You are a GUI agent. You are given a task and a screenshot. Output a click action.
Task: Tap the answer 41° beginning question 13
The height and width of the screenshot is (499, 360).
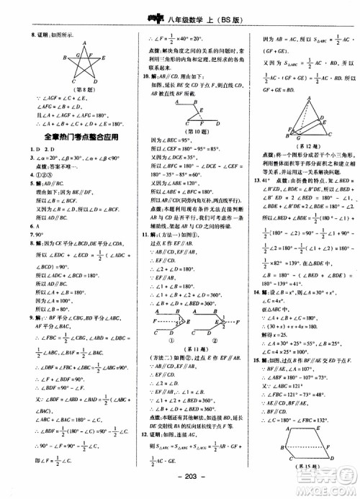271,178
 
